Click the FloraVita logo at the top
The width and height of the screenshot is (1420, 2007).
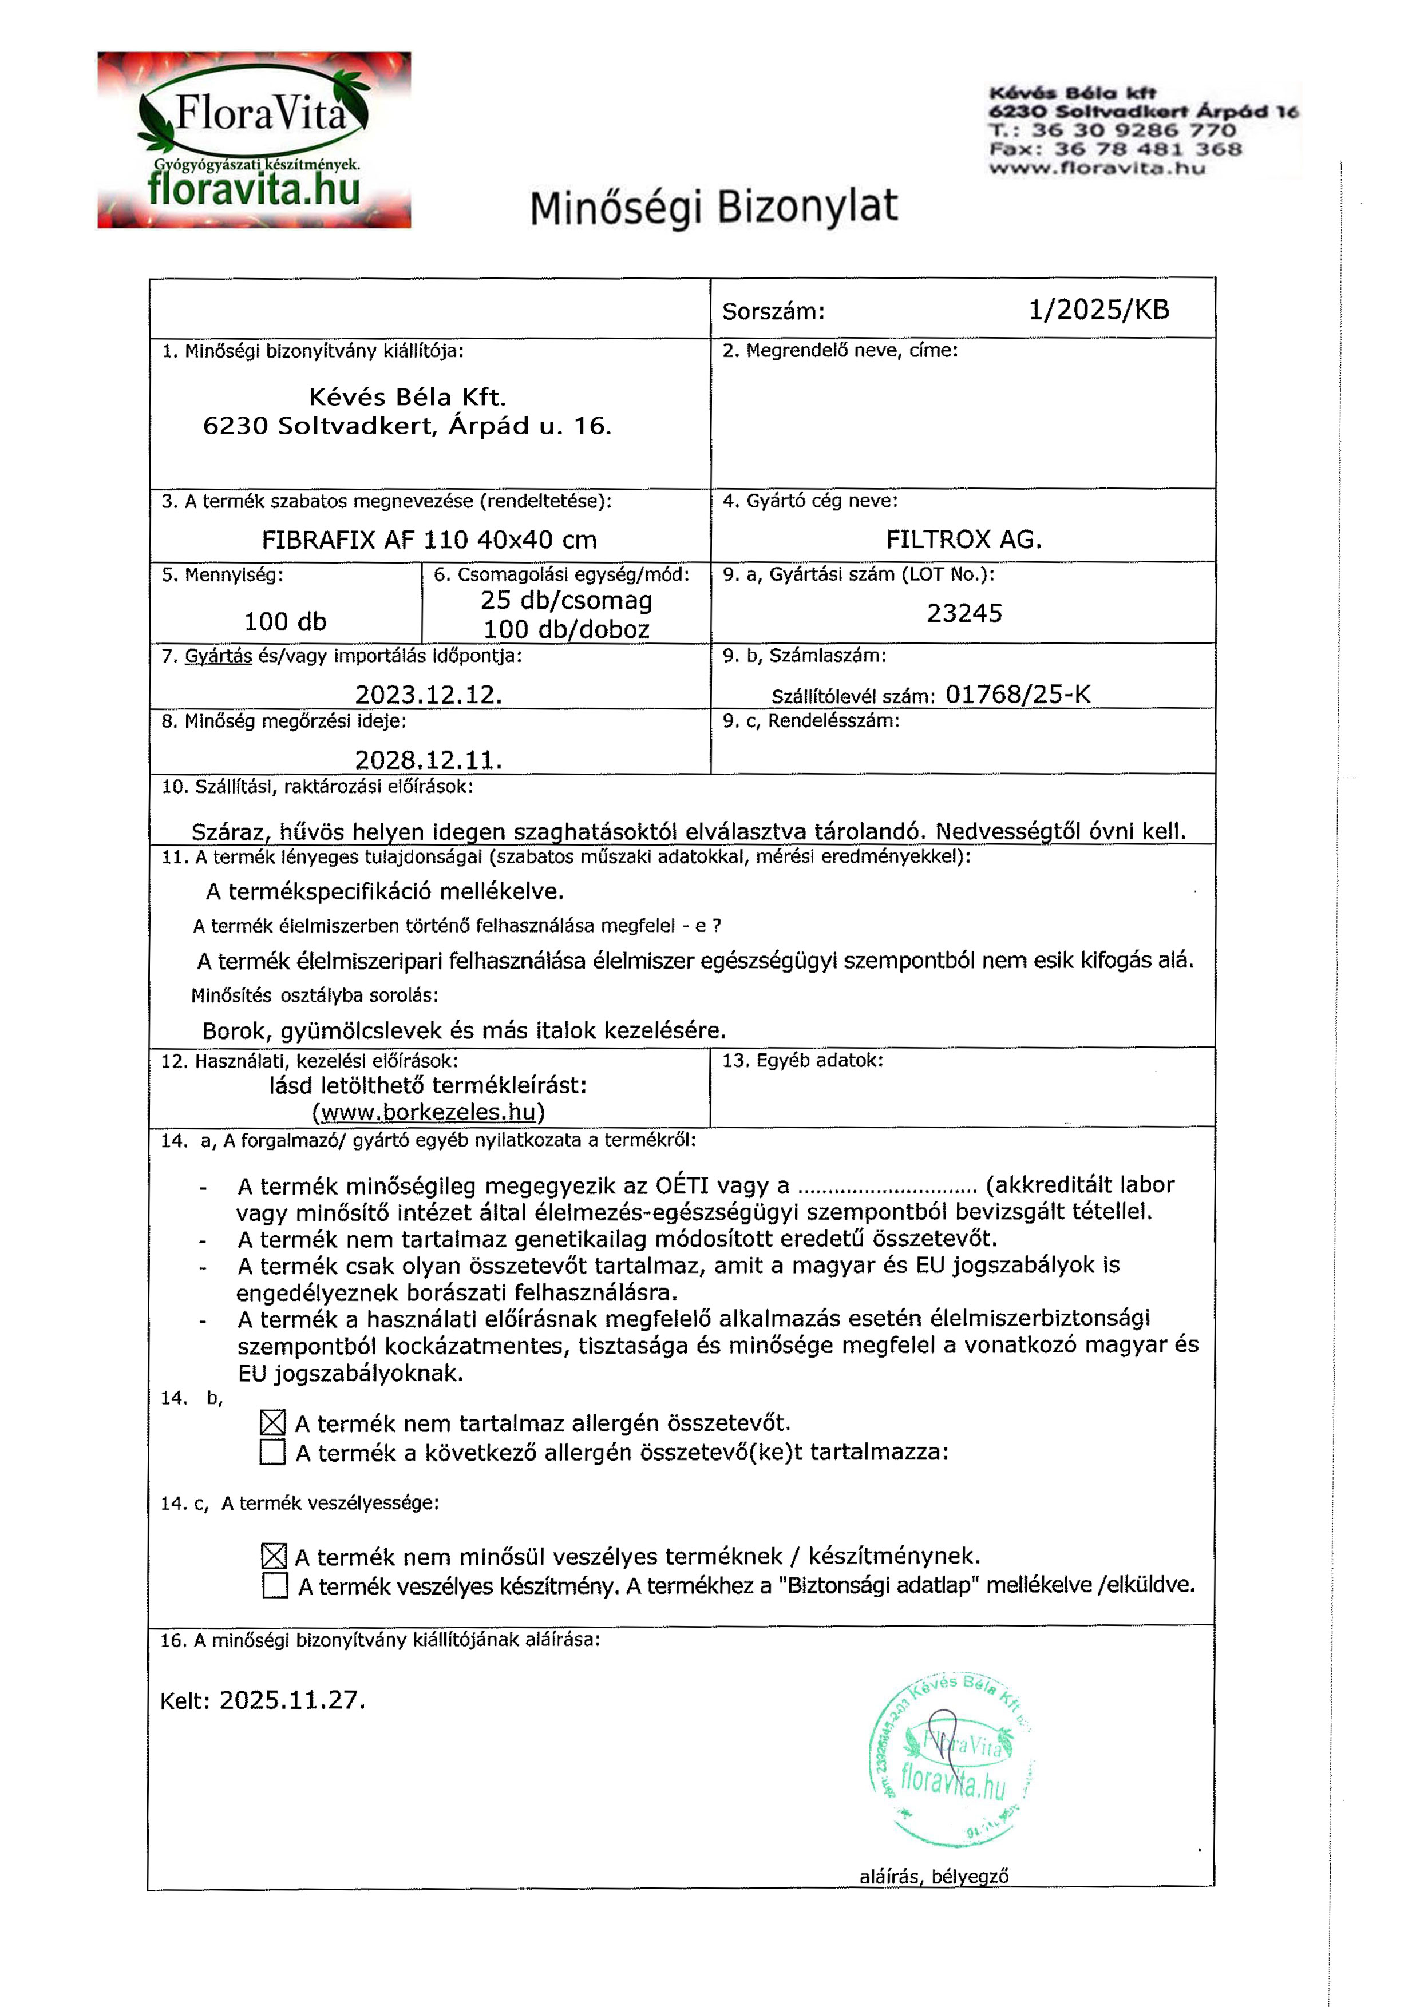point(254,140)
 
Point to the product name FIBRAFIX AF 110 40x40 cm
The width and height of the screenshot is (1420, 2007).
point(429,540)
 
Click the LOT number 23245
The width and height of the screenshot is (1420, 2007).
point(964,613)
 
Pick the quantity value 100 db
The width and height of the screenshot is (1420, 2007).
point(285,621)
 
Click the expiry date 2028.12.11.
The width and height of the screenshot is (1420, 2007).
point(429,760)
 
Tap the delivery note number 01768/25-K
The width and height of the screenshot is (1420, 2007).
point(1018,694)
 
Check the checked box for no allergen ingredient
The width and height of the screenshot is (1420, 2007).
point(273,1423)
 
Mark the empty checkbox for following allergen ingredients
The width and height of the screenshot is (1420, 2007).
point(273,1452)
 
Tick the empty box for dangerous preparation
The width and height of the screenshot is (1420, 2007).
point(275,1586)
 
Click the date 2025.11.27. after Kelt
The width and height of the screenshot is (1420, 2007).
point(292,1700)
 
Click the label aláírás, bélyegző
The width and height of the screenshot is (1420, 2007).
point(934,1876)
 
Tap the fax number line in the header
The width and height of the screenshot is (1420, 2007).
point(1115,149)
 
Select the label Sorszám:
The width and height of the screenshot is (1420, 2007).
point(773,311)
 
